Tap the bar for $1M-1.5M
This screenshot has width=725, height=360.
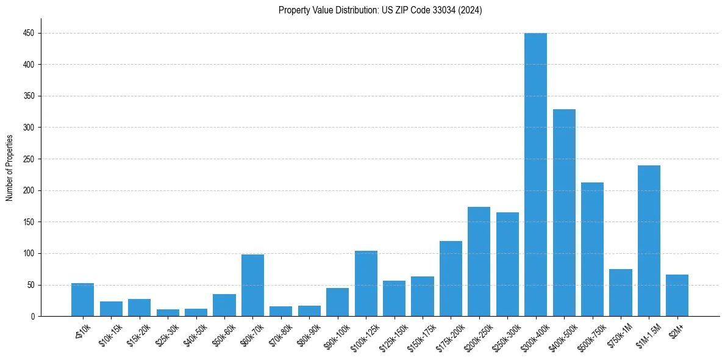coord(649,240)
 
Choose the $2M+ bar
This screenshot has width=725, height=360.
coord(677,295)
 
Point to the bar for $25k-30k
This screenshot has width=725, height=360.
coord(168,312)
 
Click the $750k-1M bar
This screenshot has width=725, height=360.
coord(620,292)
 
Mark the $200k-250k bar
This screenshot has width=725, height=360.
coord(479,261)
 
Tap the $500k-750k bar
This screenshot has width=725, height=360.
coord(592,249)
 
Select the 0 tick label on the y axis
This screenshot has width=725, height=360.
coord(32,317)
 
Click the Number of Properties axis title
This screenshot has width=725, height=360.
coord(9,168)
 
